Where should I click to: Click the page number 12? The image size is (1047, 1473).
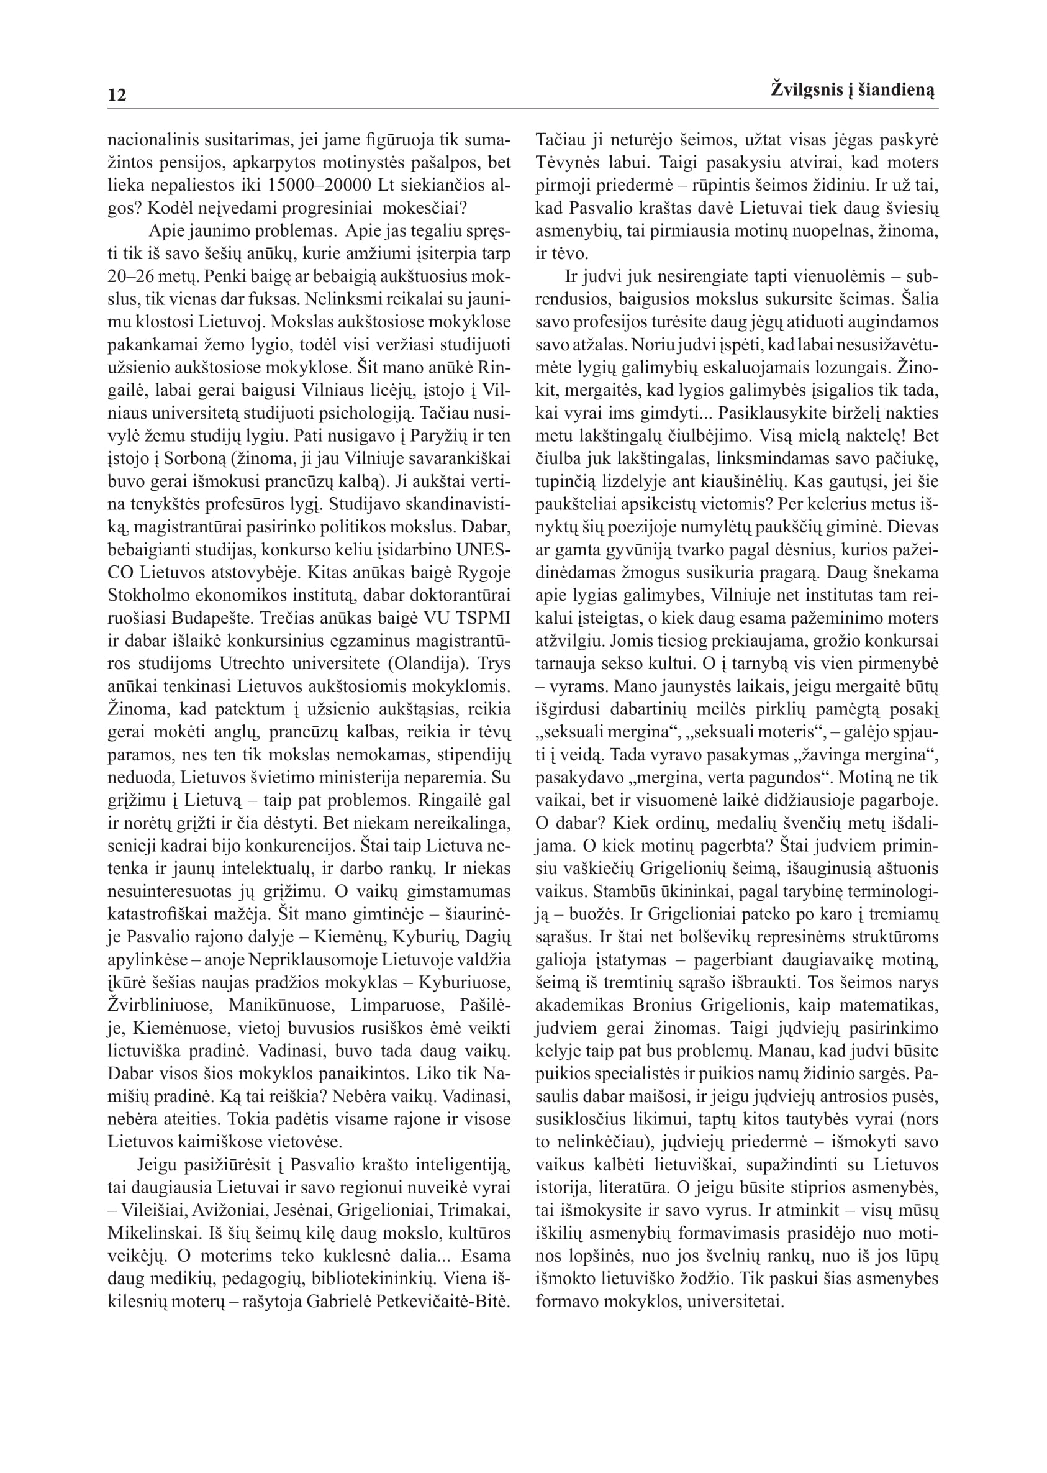click(x=117, y=96)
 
